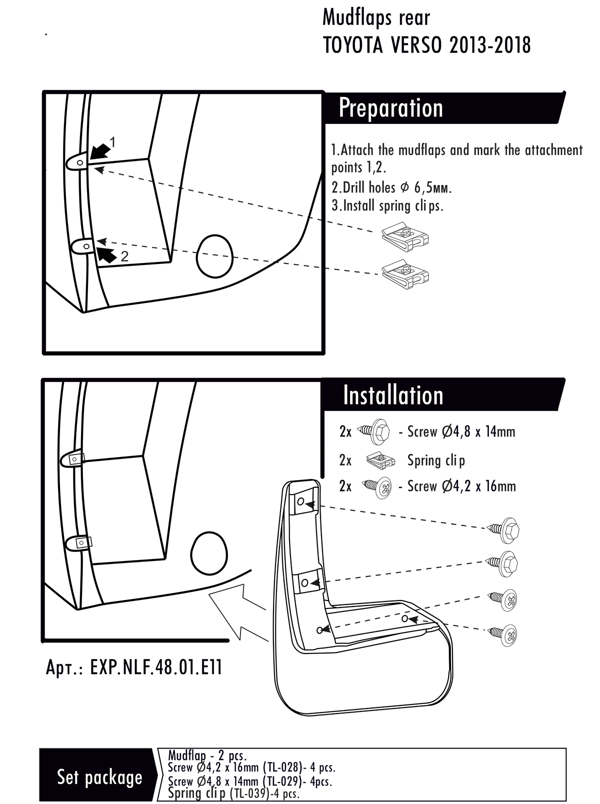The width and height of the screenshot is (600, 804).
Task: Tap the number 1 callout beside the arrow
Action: [112, 142]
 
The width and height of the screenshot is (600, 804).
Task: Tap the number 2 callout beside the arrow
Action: [124, 256]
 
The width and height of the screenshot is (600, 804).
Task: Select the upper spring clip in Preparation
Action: [405, 237]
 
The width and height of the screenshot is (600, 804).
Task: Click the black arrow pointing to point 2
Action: [105, 254]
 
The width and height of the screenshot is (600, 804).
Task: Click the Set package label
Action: [99, 777]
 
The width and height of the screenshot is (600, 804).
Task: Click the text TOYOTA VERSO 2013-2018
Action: [427, 45]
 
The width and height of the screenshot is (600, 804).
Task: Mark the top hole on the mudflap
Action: [301, 501]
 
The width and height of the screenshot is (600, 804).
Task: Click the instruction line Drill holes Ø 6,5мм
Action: [391, 187]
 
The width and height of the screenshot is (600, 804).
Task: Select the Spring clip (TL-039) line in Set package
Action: [233, 793]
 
